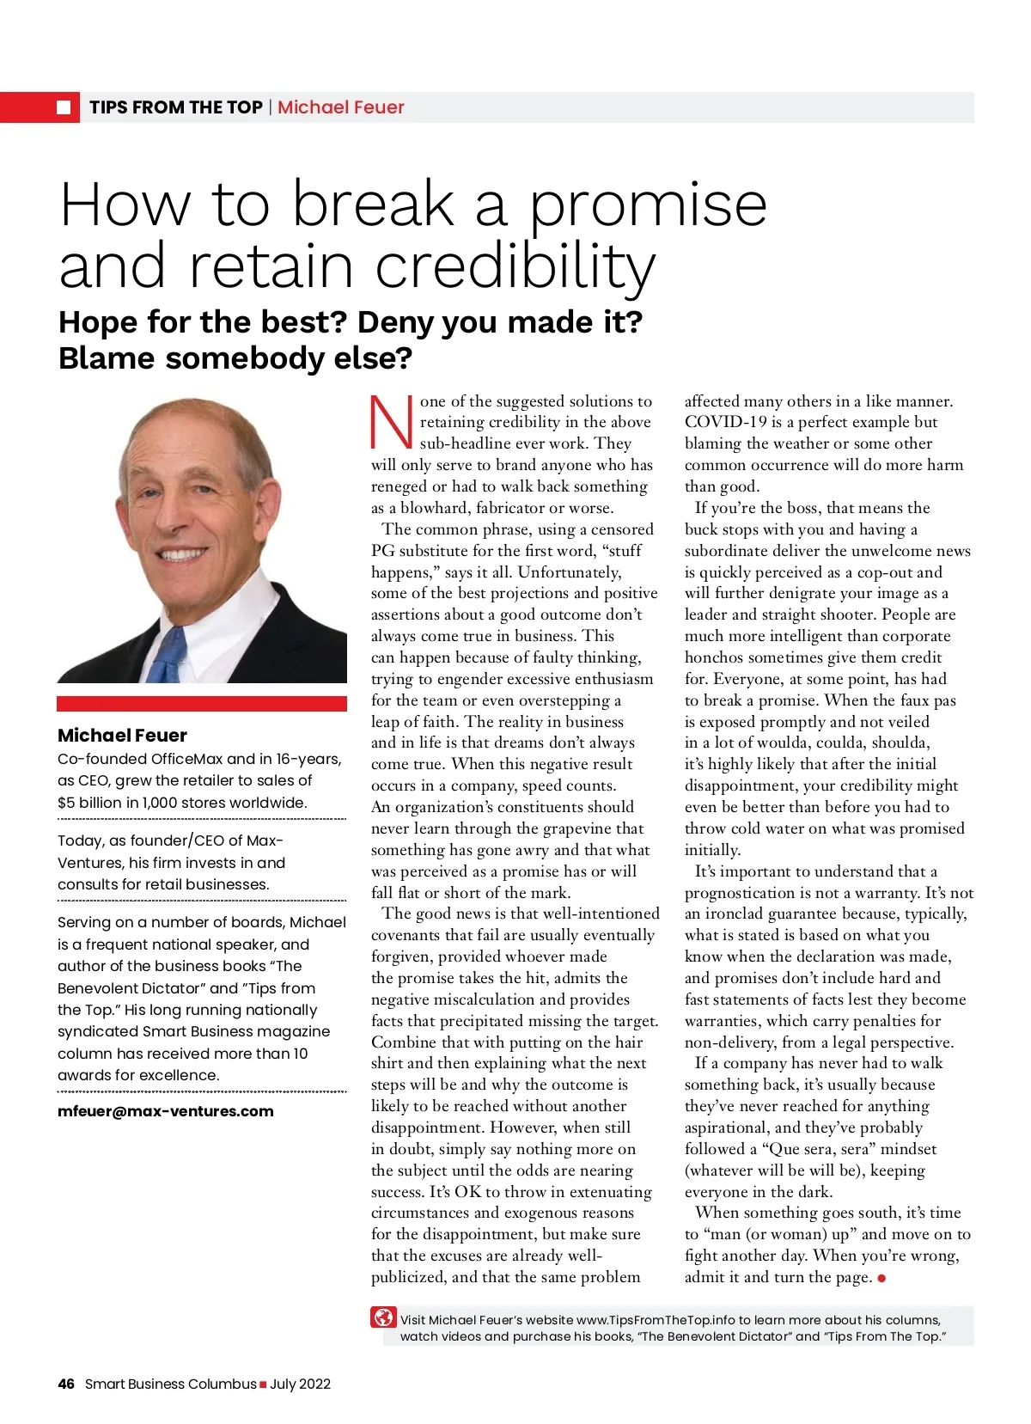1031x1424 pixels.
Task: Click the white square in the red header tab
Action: click(64, 107)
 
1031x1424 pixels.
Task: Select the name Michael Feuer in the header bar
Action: click(340, 107)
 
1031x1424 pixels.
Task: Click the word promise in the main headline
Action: click(647, 206)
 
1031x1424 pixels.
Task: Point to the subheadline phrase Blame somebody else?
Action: click(235, 358)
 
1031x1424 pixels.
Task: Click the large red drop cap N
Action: click(392, 422)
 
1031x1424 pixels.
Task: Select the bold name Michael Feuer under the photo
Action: click(122, 736)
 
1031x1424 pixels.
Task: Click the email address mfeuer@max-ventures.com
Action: click(166, 1111)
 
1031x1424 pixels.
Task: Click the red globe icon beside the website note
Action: click(383, 1317)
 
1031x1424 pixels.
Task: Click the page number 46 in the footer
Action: click(66, 1384)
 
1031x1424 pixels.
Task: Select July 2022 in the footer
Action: click(300, 1384)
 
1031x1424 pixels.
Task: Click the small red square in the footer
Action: click(263, 1384)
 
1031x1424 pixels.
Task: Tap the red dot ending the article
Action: click(882, 1279)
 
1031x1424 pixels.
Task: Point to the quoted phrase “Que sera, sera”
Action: click(816, 1149)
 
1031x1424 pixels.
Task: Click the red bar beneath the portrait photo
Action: click(201, 704)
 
